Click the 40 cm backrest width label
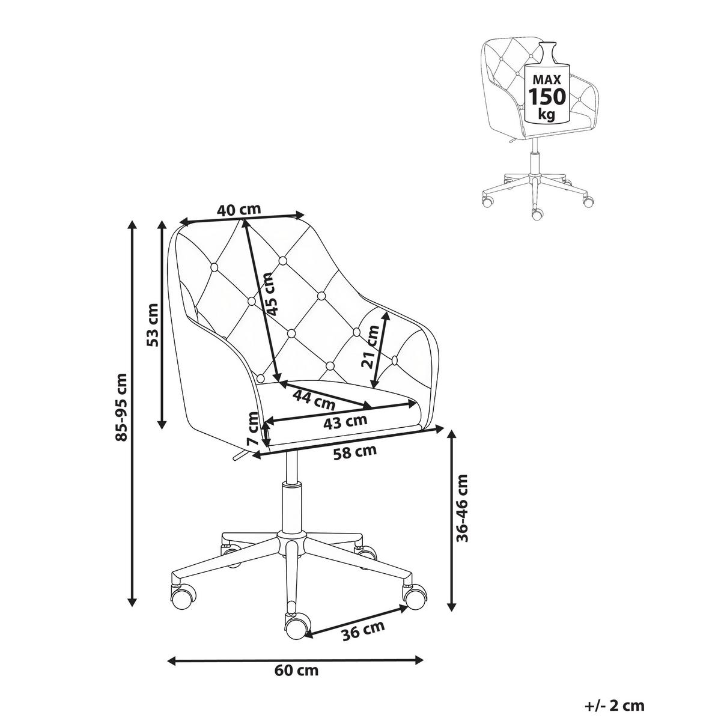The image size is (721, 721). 239,210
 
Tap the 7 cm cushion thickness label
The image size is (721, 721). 254,428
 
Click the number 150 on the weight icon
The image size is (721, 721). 547,96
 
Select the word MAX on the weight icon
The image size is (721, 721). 547,79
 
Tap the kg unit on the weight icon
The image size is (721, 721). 546,114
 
